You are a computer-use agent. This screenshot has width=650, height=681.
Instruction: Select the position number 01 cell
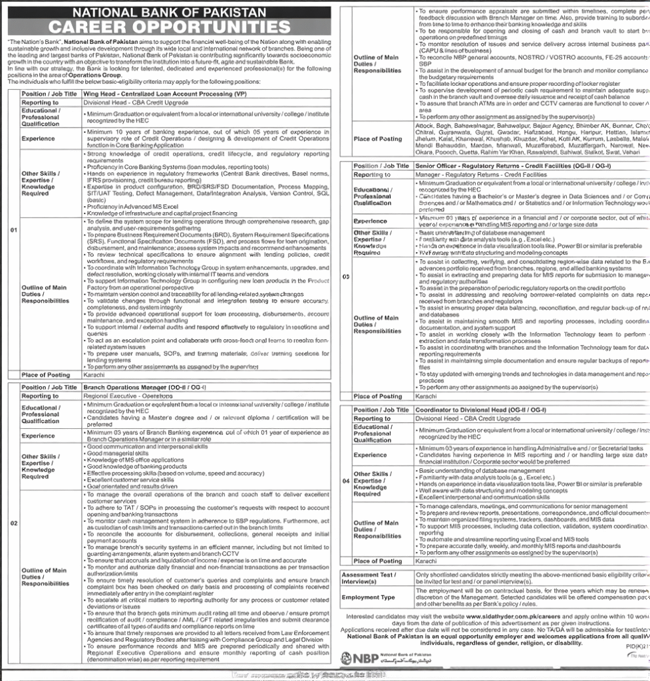point(13,231)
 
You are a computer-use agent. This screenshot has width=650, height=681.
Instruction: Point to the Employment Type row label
point(368,597)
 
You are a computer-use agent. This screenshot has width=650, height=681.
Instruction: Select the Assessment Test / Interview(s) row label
point(368,577)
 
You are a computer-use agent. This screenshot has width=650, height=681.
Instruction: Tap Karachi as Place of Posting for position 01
point(94,375)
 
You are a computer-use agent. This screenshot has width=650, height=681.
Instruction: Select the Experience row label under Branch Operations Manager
point(38,436)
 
